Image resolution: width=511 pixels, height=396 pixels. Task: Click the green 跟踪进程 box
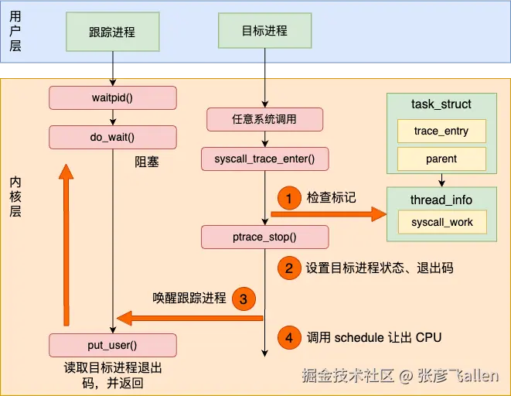click(112, 32)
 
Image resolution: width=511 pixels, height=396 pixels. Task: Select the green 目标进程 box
click(264, 32)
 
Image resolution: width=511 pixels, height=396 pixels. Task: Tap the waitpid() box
click(113, 98)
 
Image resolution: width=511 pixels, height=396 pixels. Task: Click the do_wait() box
click(113, 138)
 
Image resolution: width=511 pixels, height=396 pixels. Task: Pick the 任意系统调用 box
click(264, 120)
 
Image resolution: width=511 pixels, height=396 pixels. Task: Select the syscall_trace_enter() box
click(264, 159)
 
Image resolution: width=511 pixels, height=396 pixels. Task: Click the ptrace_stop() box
click(264, 237)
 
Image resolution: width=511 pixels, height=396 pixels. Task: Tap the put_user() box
click(113, 345)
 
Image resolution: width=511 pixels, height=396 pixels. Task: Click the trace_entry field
click(441, 131)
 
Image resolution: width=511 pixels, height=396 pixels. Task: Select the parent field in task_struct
click(441, 159)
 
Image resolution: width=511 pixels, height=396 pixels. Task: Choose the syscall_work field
click(442, 223)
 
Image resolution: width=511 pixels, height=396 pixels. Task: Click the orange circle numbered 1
click(288, 199)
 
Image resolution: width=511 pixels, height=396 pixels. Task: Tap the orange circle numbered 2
click(288, 268)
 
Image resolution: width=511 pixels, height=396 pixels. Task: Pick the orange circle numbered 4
click(288, 338)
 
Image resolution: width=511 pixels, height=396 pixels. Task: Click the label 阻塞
click(147, 163)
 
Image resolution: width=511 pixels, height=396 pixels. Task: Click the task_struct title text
click(441, 104)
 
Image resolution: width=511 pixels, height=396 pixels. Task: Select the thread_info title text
click(441, 200)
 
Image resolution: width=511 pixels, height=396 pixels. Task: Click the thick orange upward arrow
click(66, 247)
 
